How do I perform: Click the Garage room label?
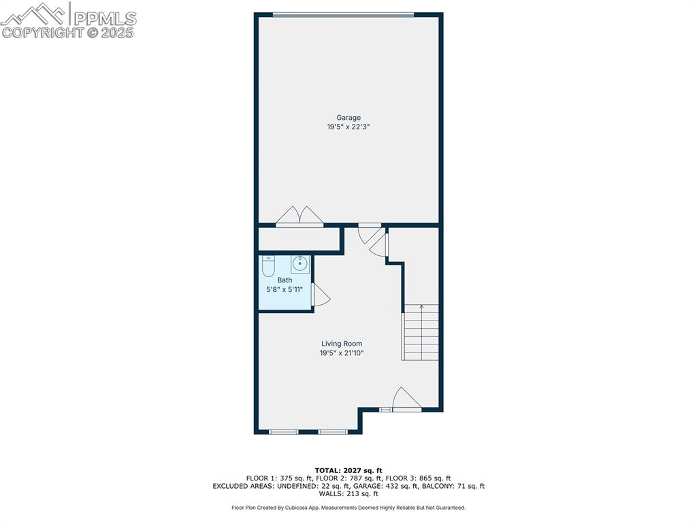coord(348,118)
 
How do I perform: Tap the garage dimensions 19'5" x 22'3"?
coord(348,127)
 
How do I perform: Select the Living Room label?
coord(342,344)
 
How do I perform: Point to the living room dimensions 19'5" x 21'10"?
coord(342,353)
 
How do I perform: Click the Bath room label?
coord(285,280)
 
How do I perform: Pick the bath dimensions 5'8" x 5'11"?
coord(285,290)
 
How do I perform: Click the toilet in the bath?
coord(268,266)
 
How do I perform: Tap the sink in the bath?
coord(300,264)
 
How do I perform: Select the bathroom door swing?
coord(321,295)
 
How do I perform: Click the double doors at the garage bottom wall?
coord(299,216)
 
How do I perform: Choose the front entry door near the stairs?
coord(406,399)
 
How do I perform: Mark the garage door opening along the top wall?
coord(343,15)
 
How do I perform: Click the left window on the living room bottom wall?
coord(284,431)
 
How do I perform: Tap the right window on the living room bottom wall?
coord(333,431)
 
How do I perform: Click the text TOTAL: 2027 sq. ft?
coord(348,470)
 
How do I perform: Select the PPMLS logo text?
coord(105,18)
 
